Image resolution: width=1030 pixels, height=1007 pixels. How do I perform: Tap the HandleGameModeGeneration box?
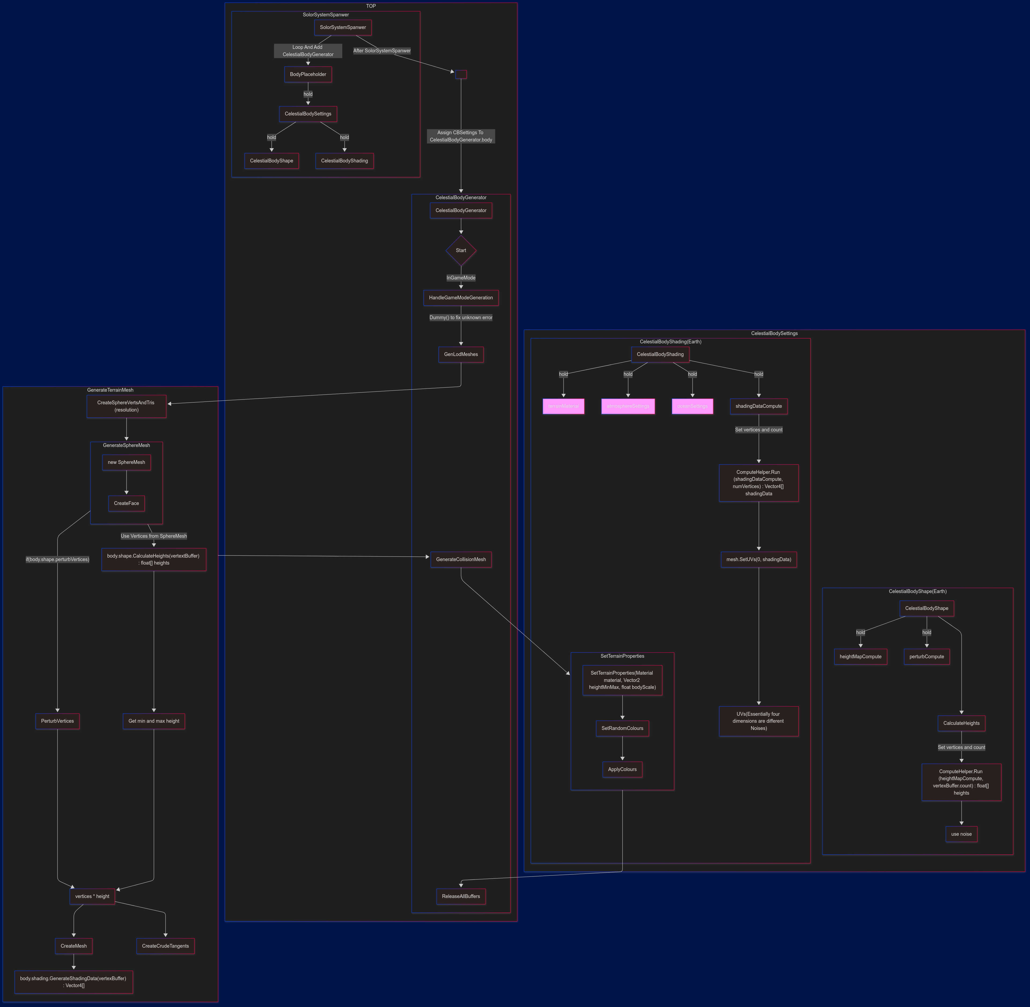click(x=461, y=298)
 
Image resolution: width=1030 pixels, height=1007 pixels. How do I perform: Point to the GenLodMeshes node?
click(x=461, y=354)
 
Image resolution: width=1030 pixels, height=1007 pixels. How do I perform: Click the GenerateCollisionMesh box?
click(x=461, y=559)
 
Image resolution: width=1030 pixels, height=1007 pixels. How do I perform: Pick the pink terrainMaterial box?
click(x=563, y=406)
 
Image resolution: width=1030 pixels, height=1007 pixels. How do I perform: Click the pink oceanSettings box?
click(x=692, y=406)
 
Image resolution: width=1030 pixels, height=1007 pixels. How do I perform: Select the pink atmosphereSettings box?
click(x=628, y=406)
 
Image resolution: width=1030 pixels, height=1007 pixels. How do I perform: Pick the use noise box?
click(x=961, y=834)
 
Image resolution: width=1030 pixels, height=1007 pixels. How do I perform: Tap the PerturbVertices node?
click(x=58, y=721)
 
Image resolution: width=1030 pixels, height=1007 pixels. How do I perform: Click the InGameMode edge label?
click(x=461, y=278)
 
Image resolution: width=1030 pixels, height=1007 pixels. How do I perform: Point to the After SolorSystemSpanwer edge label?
click(x=382, y=51)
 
